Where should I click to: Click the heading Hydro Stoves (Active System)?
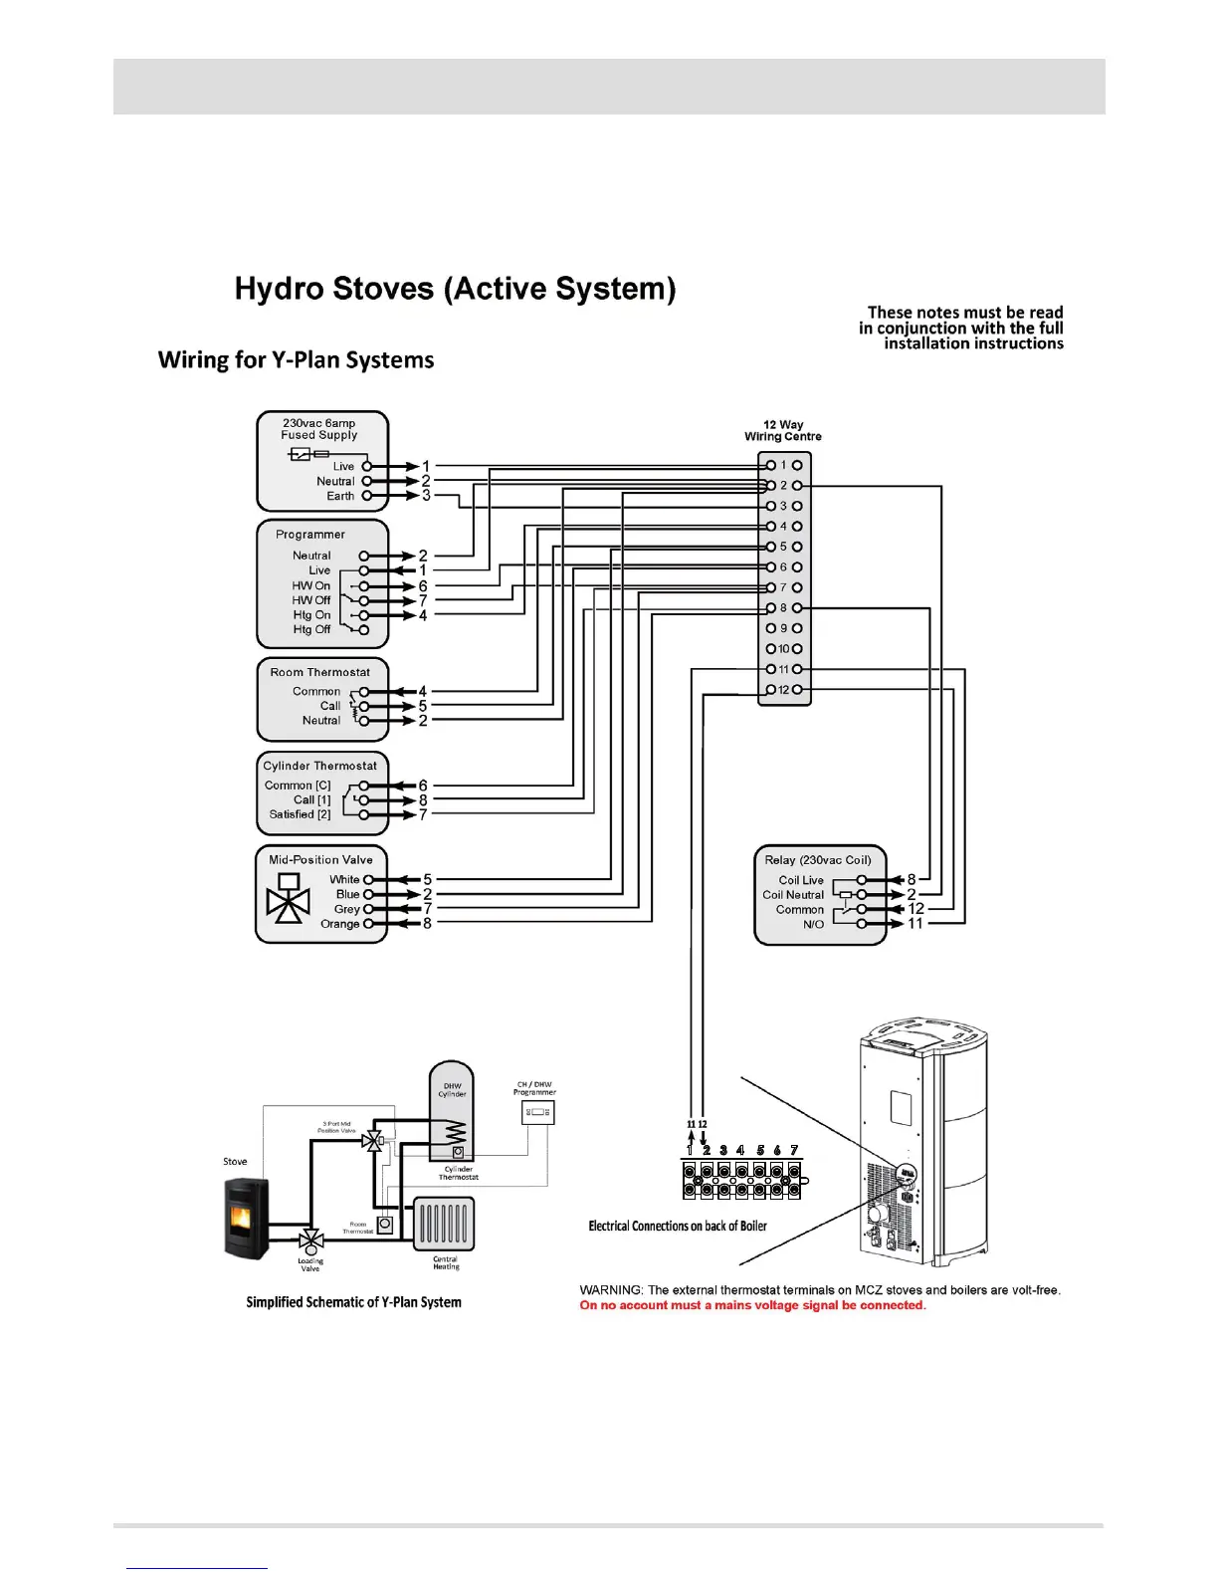tap(455, 289)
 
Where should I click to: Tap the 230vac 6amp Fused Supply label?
tap(318, 429)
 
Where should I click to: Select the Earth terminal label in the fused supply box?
tap(340, 496)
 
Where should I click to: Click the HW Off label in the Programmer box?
tap(310, 600)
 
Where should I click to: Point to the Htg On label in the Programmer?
tap(311, 615)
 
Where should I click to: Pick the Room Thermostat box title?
tap(319, 672)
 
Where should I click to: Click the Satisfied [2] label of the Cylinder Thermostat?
tap(300, 814)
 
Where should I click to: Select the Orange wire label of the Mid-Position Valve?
tap(339, 924)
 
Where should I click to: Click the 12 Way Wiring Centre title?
tap(783, 430)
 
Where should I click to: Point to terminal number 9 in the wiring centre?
tap(783, 628)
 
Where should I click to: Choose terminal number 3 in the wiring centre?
tap(783, 506)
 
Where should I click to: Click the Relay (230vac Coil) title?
tap(818, 860)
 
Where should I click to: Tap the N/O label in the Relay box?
tap(813, 924)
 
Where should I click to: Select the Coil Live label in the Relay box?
tap(801, 880)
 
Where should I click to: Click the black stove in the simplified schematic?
tap(247, 1218)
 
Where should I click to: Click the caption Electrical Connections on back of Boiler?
tap(678, 1226)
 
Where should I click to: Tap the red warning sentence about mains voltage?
tap(752, 1305)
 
